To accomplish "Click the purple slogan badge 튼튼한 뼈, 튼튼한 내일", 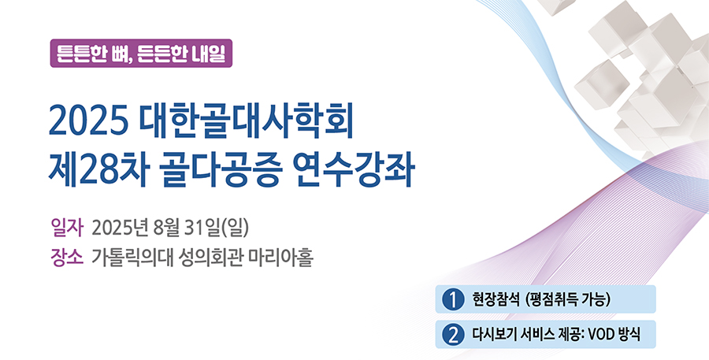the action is point(141,54).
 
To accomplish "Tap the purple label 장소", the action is point(68,258).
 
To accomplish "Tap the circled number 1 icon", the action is point(453,299).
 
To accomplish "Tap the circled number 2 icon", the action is point(453,335).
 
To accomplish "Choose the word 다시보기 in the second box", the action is point(493,335).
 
